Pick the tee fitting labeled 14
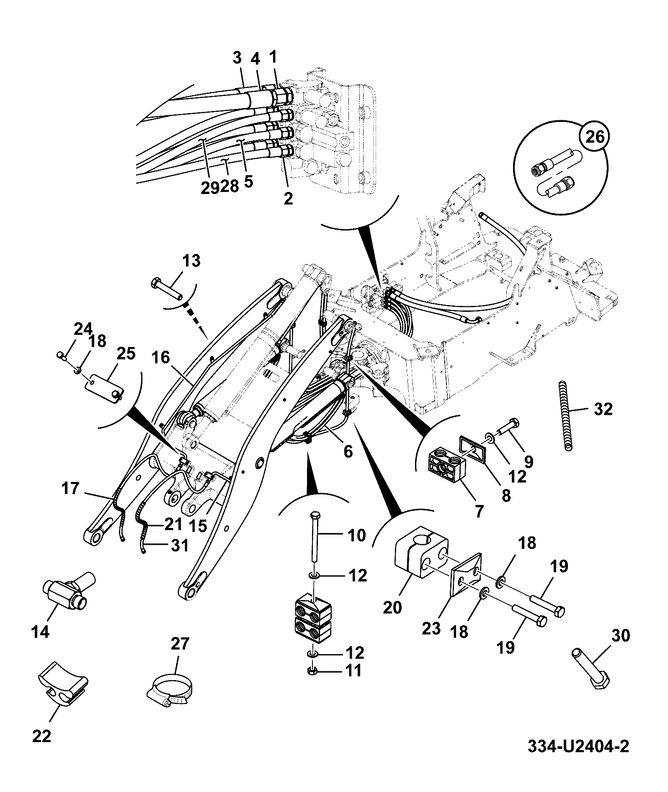[69, 589]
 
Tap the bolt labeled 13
[167, 288]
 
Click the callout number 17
[70, 489]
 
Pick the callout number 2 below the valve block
[288, 198]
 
